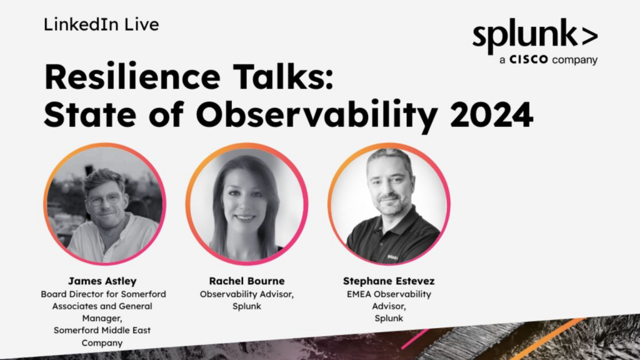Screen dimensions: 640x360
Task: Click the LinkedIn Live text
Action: pos(101,24)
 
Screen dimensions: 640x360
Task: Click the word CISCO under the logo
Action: pos(529,59)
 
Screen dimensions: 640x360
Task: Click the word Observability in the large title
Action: pos(317,116)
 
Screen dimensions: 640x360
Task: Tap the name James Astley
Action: pos(102,281)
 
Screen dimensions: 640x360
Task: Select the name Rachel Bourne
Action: pos(247,281)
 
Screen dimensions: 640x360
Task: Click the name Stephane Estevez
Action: pos(389,281)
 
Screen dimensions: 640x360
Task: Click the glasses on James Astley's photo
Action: pos(104,199)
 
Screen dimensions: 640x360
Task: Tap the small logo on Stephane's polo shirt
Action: pos(392,257)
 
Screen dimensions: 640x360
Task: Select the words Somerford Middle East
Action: pos(102,330)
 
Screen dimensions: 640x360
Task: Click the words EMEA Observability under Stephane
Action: pos(389,294)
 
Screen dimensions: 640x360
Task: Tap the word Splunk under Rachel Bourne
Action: pos(247,306)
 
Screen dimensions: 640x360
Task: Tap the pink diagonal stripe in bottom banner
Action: pos(415,339)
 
